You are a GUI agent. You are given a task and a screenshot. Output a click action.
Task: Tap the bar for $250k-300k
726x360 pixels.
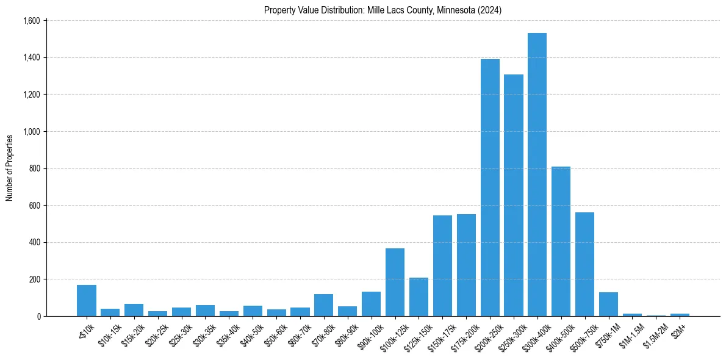pyautogui.click(x=514, y=195)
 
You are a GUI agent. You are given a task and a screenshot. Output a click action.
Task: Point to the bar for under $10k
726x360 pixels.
pyautogui.click(x=87, y=301)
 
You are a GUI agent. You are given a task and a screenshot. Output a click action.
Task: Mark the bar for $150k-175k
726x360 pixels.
pyautogui.click(x=442, y=266)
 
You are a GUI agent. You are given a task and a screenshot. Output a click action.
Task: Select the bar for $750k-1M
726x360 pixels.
pyautogui.click(x=608, y=304)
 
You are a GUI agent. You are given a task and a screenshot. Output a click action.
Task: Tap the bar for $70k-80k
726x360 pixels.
pyautogui.click(x=323, y=305)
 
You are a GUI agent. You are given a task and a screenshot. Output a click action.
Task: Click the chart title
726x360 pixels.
pyautogui.click(x=383, y=10)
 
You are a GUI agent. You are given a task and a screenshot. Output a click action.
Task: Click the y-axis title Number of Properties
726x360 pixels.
pyautogui.click(x=10, y=168)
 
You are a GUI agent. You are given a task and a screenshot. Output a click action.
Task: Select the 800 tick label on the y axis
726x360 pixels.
pyautogui.click(x=34, y=169)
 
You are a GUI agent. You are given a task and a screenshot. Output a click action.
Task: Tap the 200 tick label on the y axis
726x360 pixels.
pyautogui.click(x=34, y=279)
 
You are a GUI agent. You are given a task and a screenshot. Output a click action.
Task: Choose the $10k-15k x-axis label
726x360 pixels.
pyautogui.click(x=109, y=333)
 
